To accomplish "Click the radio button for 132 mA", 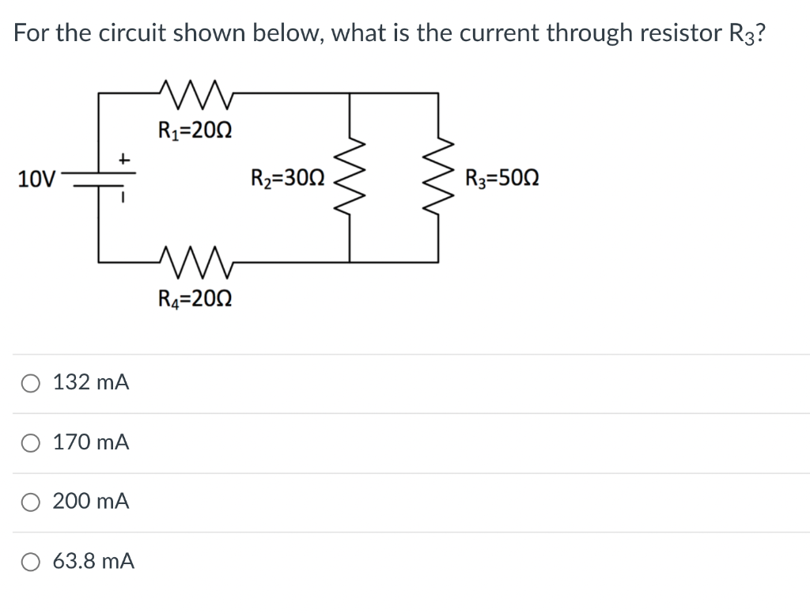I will point(29,384).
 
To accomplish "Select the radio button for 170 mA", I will point(29,443).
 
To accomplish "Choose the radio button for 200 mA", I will point(29,502).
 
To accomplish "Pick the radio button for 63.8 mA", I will point(29,562).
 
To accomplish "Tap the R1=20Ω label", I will point(195,129).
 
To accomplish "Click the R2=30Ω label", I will point(287,177).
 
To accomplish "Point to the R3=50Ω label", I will point(502,177).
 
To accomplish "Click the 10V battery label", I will point(36,179).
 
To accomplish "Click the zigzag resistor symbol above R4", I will point(195,260).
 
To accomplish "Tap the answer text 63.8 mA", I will point(93,562).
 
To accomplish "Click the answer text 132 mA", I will point(91,384).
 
